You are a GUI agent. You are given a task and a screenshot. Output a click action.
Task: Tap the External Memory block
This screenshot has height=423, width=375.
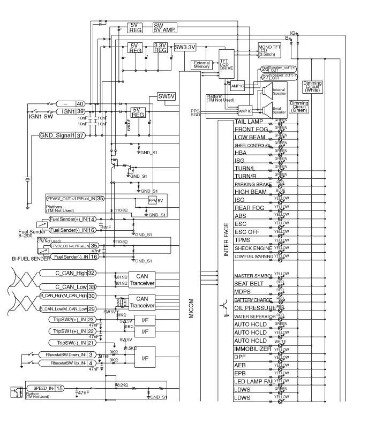[202, 65]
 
